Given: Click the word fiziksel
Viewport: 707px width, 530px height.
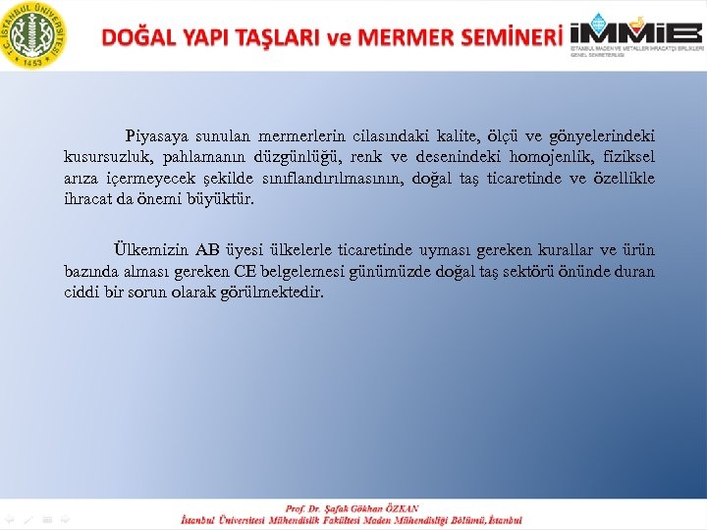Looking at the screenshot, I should [628, 157].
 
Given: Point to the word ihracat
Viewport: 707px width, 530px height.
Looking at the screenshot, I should [87, 199].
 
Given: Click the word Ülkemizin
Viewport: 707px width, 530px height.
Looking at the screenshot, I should [147, 250].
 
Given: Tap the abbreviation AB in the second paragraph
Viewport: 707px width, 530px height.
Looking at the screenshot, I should [206, 250].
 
